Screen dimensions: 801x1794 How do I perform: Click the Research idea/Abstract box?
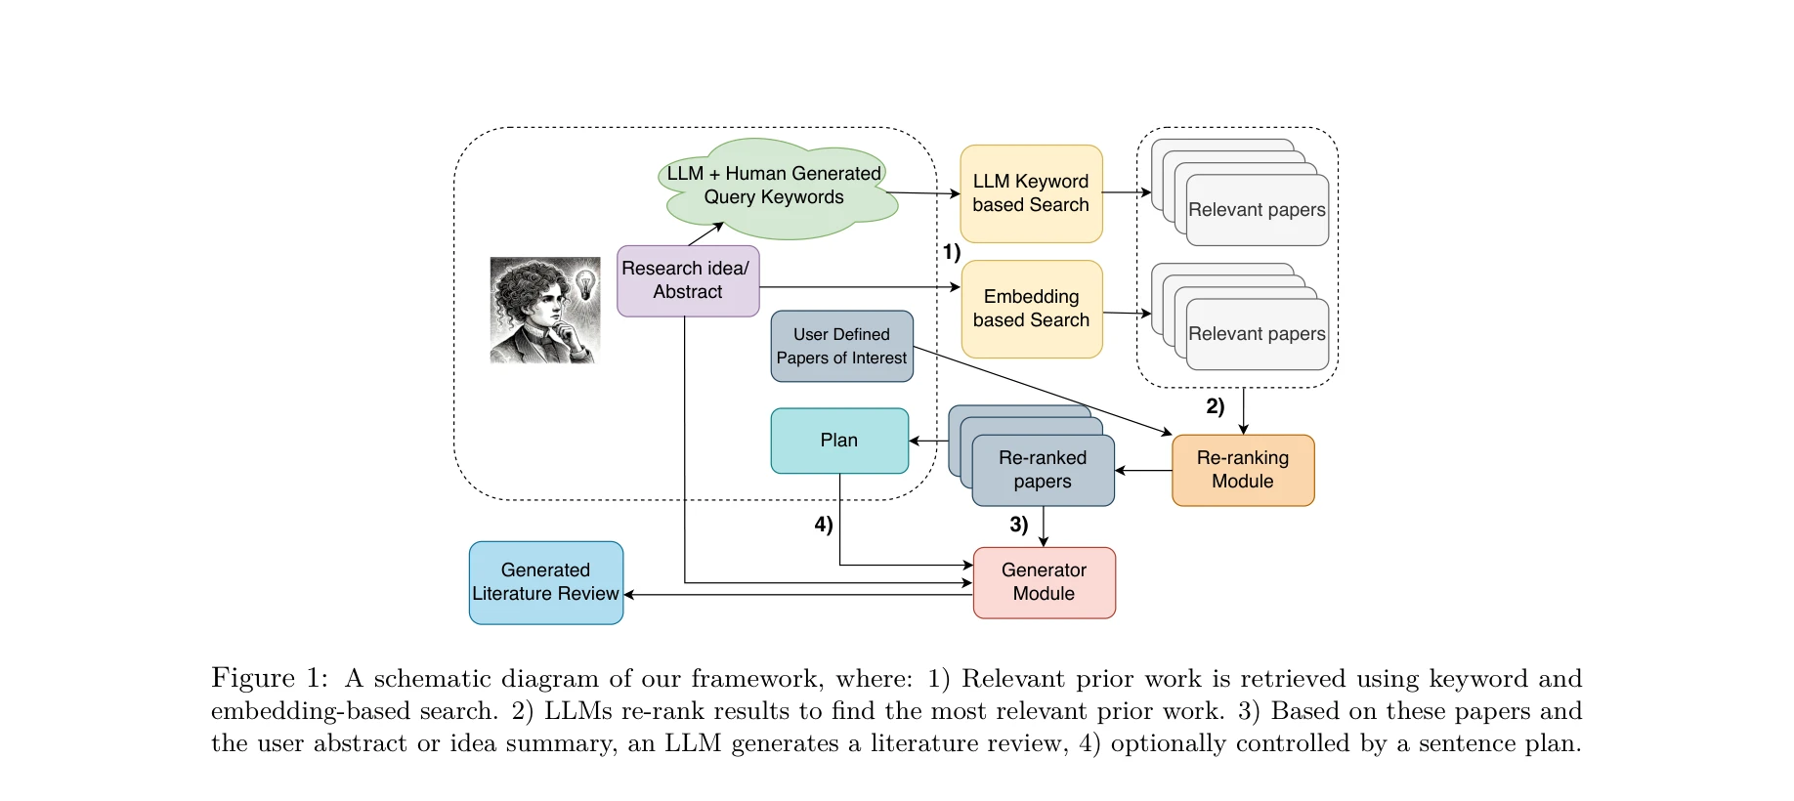[688, 280]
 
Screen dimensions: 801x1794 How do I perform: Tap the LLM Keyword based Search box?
[1031, 193]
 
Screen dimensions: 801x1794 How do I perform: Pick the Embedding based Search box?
[1031, 309]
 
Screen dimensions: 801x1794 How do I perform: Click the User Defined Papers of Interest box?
[841, 346]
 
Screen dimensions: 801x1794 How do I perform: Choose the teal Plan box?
[839, 441]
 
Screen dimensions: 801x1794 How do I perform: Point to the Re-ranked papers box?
[1043, 470]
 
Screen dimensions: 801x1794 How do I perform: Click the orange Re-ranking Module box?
[1243, 470]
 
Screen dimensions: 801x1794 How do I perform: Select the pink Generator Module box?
[1044, 582]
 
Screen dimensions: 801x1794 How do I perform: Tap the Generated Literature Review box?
[545, 582]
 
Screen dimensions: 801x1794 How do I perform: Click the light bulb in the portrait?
[585, 284]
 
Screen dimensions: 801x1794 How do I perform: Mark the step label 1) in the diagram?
[951, 252]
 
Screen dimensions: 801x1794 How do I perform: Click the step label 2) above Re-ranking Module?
[1215, 406]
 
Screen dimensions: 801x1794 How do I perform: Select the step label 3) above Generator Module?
[1018, 525]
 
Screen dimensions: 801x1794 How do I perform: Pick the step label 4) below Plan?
[824, 525]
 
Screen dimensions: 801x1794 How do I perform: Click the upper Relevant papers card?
[1257, 209]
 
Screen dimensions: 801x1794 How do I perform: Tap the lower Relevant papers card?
[1257, 334]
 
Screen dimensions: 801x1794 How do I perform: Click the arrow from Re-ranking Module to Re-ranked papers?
[1143, 471]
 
